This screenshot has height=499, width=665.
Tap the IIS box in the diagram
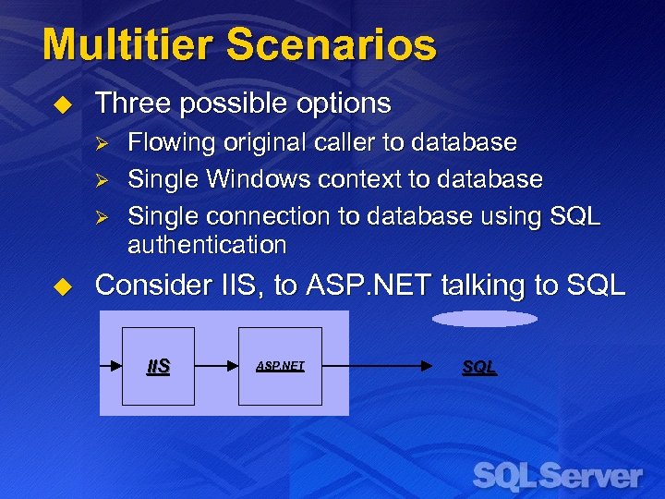pyautogui.click(x=158, y=366)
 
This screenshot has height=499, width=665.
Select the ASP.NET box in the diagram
pyautogui.click(x=280, y=366)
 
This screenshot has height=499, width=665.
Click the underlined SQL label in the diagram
pyautogui.click(x=478, y=367)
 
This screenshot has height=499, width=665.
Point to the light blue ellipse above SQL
pyautogui.click(x=484, y=319)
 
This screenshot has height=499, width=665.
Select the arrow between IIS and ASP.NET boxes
pyautogui.click(x=216, y=366)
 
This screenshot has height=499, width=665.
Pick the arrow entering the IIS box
pyautogui.click(x=112, y=366)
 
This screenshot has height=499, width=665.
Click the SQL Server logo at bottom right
pyautogui.click(x=557, y=476)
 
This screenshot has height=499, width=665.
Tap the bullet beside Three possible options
pyautogui.click(x=63, y=104)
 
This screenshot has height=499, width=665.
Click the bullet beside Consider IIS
pyautogui.click(x=63, y=286)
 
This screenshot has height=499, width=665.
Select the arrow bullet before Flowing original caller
pyautogui.click(x=103, y=143)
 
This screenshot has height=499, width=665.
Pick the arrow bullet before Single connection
pyautogui.click(x=103, y=216)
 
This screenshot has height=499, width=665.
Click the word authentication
pyautogui.click(x=207, y=245)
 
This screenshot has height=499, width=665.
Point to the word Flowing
pyautogui.click(x=164, y=143)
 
